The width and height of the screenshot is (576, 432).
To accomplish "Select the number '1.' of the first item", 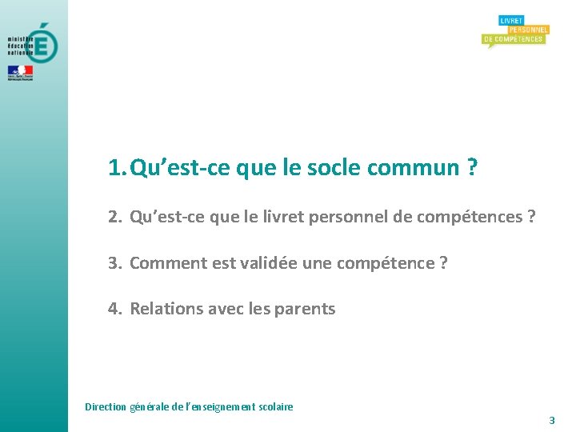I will [117, 168].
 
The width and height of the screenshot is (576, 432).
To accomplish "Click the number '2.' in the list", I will [115, 217].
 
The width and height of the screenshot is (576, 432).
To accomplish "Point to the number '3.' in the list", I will [115, 262].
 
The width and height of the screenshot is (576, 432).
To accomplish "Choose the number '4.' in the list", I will [115, 309].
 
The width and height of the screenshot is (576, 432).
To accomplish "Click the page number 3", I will [551, 420].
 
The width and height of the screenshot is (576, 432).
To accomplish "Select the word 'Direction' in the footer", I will [106, 406].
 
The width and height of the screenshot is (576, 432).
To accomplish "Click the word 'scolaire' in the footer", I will [274, 406].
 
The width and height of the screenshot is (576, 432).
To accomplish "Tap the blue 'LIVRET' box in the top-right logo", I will [510, 20].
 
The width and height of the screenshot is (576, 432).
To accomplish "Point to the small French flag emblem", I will [20, 71].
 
